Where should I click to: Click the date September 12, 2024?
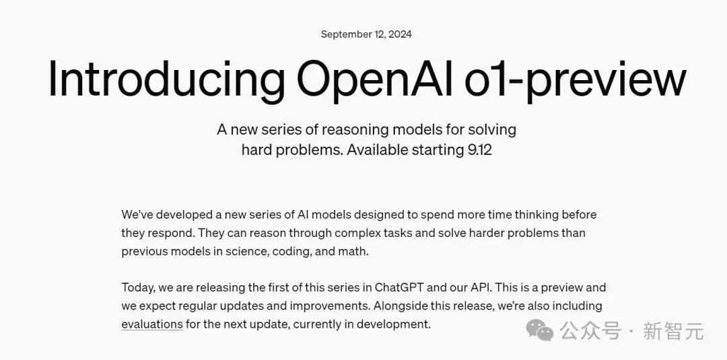366,34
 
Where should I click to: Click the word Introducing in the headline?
166,79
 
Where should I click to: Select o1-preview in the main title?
575,79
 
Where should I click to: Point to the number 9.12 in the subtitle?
479,150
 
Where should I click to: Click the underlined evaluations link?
152,324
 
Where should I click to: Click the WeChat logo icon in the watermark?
540,331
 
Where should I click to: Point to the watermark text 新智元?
673,331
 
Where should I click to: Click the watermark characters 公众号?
590,331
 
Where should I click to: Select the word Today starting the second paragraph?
138,288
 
